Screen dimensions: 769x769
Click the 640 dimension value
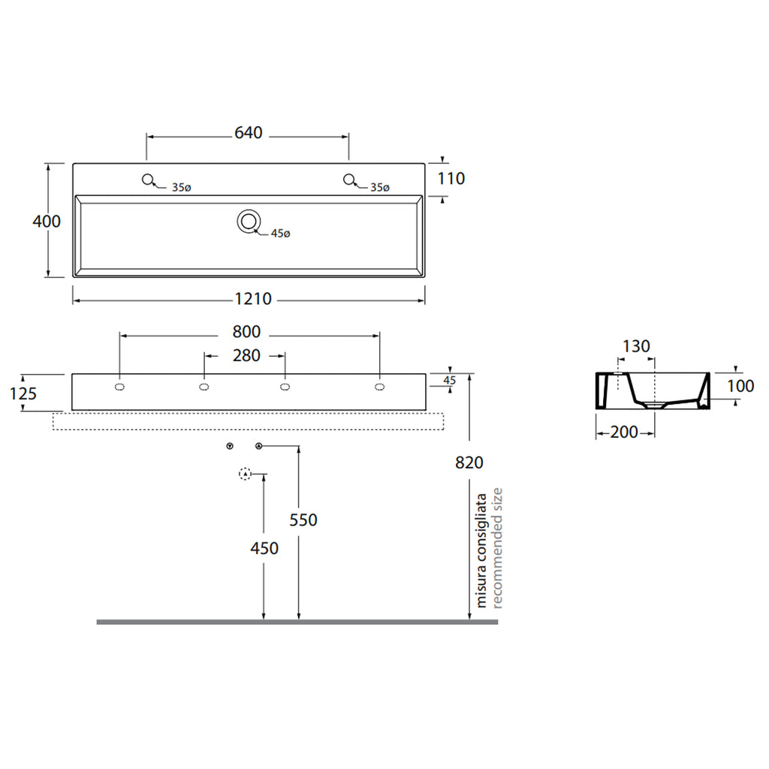248,133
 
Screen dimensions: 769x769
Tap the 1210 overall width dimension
253,299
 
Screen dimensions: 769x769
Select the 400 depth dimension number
47,222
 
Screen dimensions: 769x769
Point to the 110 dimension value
451,179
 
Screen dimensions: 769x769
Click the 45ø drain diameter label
281,234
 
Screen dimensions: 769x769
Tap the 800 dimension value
246,332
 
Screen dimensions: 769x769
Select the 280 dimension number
246,355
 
